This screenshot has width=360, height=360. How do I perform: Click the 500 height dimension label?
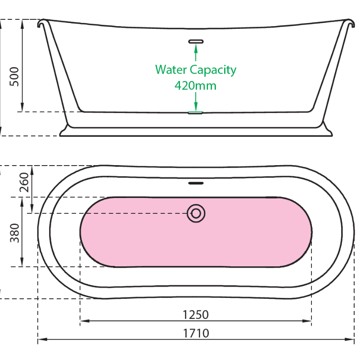pos(14,77)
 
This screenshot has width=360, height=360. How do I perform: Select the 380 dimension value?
pos(15,233)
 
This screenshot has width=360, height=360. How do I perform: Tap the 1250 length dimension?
pos(196,314)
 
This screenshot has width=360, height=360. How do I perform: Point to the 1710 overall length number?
pos(196,333)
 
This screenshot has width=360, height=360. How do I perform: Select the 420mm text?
pos(195,85)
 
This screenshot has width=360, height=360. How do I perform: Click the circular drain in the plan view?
pos(196,213)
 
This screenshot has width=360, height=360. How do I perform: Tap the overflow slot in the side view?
pos(196,41)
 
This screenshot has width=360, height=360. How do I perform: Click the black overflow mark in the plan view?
pos(196,183)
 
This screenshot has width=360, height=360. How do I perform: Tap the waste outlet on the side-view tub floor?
pos(196,112)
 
